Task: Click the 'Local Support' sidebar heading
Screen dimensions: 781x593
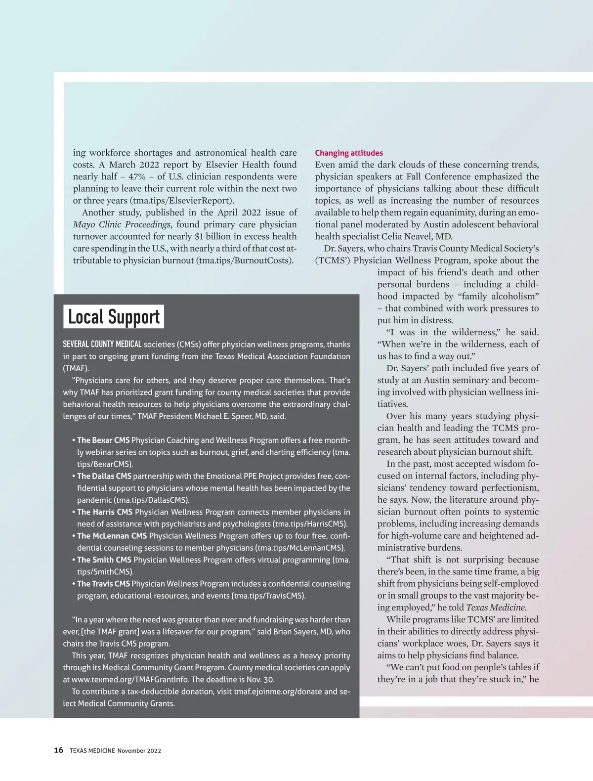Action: tap(114, 317)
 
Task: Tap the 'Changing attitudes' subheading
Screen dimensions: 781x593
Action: tap(349, 153)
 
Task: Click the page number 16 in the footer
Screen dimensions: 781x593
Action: tap(58, 750)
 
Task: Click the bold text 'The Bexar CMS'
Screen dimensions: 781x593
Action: tap(103, 440)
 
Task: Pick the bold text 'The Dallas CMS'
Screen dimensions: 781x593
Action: tap(104, 476)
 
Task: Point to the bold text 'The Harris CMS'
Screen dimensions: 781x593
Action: tap(104, 512)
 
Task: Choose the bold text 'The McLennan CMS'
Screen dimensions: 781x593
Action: tap(112, 536)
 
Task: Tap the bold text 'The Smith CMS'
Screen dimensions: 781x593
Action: tap(104, 560)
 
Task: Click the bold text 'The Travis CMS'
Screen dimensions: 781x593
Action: tap(103, 584)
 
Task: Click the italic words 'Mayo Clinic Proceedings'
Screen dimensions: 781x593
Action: tap(122, 224)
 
